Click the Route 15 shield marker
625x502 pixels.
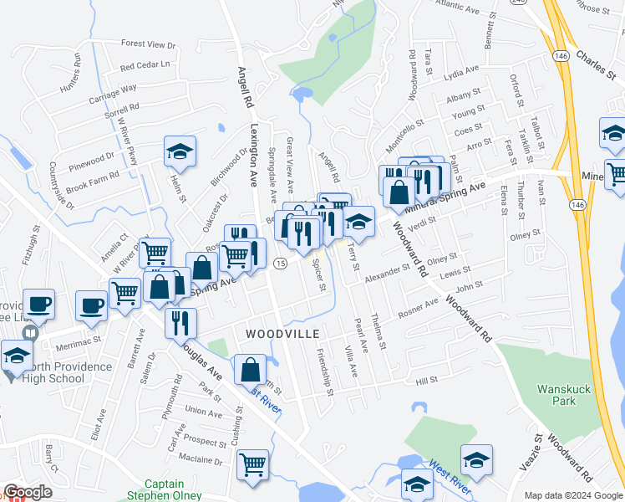pos(281,264)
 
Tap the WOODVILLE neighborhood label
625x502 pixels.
pos(282,334)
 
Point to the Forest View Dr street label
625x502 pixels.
pos(148,44)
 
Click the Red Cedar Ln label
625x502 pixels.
pos(145,65)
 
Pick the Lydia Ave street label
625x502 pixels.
pos(461,70)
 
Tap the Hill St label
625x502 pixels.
pos(427,381)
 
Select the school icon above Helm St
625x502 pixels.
pos(180,151)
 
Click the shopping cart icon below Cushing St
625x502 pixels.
pos(252,464)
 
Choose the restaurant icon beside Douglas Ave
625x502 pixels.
pos(180,321)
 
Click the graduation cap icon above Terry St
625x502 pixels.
pos(359,221)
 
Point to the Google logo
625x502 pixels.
pos(28,492)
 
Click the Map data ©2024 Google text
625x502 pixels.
pos(573,495)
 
